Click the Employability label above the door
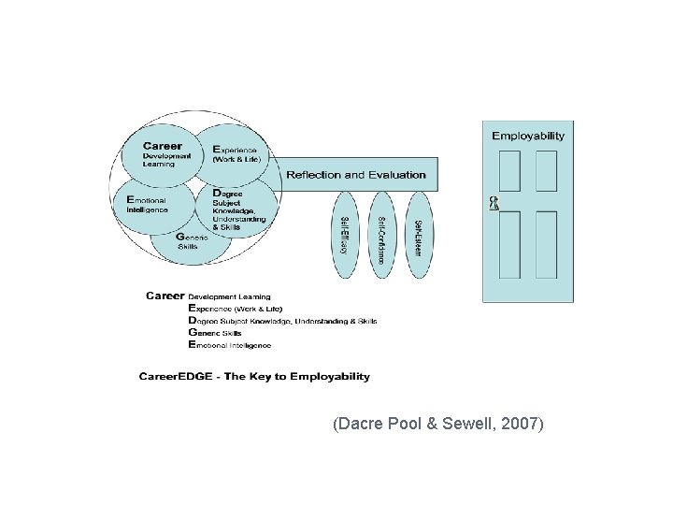528,136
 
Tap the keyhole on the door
494,203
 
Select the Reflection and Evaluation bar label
355,175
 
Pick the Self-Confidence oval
381,234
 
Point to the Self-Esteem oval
418,234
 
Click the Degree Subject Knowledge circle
239,209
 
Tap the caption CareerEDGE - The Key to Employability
254,377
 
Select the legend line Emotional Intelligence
230,345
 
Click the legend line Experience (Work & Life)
236,308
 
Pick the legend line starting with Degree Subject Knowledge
282,320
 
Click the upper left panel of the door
509,170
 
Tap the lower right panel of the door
547,244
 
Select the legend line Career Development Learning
208,296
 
